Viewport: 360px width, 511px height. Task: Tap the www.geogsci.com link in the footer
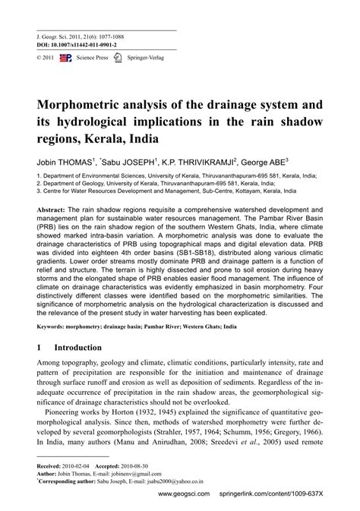coord(184,493)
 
